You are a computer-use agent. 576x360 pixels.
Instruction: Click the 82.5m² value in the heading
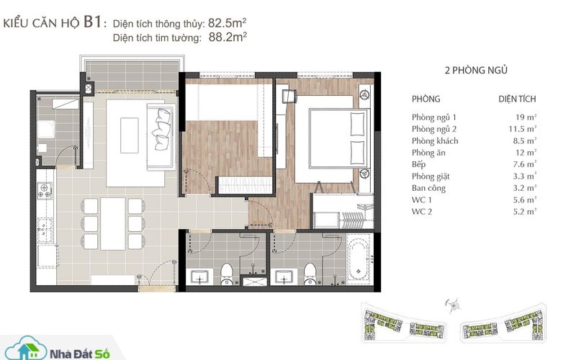tap(227, 23)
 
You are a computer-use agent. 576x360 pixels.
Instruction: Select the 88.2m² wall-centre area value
tap(228, 37)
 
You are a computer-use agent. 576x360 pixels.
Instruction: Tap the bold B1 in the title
tap(92, 22)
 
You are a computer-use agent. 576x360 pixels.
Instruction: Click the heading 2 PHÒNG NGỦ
tap(476, 70)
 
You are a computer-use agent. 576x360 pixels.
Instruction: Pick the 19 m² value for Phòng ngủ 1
tap(526, 117)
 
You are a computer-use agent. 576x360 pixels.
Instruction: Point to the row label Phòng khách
tap(435, 140)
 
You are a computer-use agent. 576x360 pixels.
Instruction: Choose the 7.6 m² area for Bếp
tap(525, 164)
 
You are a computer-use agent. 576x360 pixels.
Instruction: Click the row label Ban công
tap(428, 188)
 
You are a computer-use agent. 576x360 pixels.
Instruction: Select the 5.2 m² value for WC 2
tap(525, 212)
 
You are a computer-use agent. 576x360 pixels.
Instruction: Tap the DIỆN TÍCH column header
tap(517, 99)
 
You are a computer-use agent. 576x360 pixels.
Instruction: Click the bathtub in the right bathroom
tap(359, 259)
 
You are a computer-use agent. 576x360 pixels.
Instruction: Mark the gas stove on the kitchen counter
tap(45, 191)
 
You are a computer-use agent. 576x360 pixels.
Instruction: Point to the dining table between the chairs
tap(113, 224)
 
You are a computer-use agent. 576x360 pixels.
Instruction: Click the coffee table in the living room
tap(130, 135)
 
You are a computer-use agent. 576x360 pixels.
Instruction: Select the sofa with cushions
tap(161, 137)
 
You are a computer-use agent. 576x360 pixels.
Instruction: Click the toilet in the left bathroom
tap(226, 274)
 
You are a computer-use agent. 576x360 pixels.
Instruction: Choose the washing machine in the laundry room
tap(45, 130)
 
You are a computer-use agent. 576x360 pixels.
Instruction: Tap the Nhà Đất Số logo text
tap(79, 354)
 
